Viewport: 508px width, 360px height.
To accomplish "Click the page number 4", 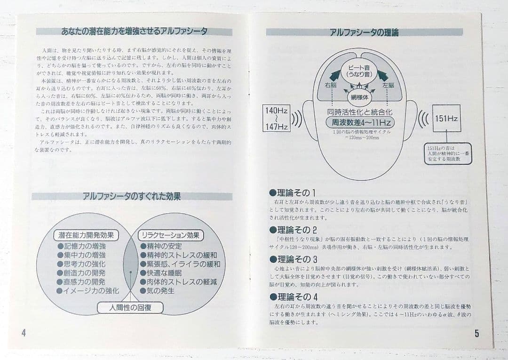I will [x=24, y=332].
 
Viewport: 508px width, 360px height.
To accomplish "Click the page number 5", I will [x=476, y=334].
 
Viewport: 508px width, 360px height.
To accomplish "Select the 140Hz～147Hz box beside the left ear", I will [x=277, y=119].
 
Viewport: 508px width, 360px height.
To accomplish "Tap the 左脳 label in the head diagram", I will [x=388, y=85].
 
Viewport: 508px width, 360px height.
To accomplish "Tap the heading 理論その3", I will [x=293, y=259].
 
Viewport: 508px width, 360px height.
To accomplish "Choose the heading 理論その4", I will [x=293, y=297].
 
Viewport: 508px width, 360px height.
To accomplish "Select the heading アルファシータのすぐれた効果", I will [x=132, y=196].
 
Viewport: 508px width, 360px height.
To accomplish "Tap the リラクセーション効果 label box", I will [x=170, y=235].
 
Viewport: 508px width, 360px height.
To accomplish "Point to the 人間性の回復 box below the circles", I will [x=130, y=308].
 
